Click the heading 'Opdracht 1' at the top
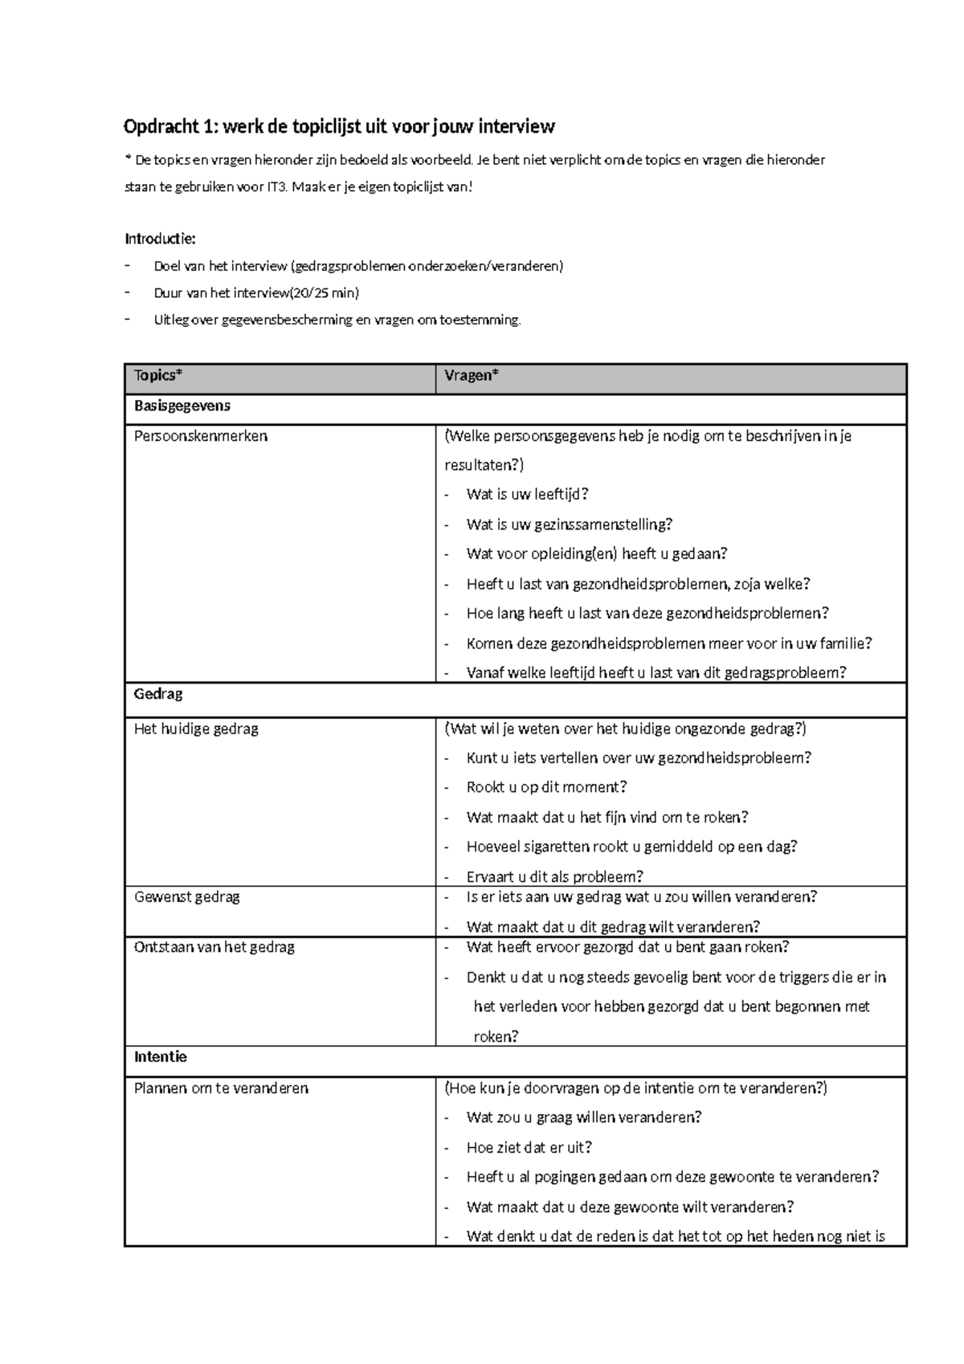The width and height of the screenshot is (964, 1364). [x=338, y=127]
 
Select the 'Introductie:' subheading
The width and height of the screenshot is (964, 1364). [x=160, y=239]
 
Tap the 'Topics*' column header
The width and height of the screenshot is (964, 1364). [x=158, y=376]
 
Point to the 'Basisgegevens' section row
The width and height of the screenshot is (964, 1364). [x=182, y=406]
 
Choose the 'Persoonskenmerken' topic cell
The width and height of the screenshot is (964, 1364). [x=201, y=436]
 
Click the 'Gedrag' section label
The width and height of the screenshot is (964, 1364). [x=158, y=694]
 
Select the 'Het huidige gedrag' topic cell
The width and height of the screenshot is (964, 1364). [x=196, y=729]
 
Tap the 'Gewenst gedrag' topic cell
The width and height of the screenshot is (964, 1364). [x=187, y=896]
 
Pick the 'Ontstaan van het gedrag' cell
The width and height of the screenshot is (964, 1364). [x=214, y=947]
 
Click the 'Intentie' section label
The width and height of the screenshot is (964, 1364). [x=161, y=1057]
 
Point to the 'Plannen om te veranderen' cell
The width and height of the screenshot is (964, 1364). [x=221, y=1088]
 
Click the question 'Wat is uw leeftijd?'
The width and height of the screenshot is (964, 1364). [x=527, y=495]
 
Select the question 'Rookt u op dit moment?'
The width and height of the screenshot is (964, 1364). [x=546, y=787]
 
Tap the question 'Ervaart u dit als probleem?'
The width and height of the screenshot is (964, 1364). [x=554, y=876]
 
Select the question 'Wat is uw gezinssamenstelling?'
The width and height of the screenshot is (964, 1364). [x=569, y=525]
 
